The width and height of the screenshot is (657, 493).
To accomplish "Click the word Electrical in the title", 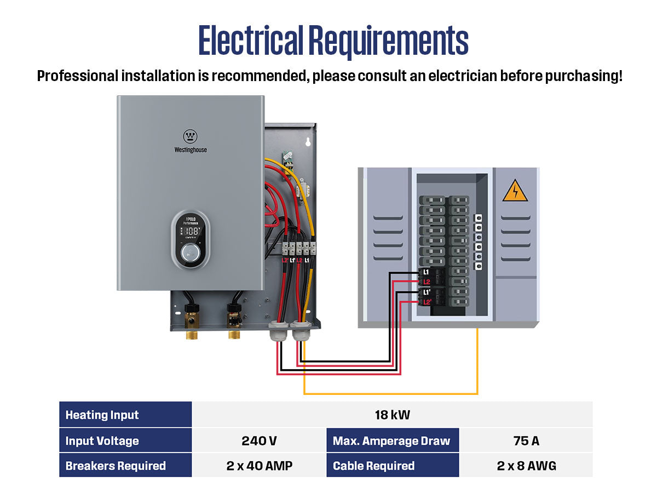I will tap(251, 40).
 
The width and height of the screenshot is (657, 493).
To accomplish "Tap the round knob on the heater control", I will tap(191, 253).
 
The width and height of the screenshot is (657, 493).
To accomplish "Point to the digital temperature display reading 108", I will tap(191, 231).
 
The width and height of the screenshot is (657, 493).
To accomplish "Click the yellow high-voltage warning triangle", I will tap(515, 191).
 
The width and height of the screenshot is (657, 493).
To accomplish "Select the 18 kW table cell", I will tap(392, 415).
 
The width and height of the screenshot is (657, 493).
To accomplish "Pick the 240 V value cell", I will tap(259, 441).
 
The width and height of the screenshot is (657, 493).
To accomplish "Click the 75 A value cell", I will tap(526, 441).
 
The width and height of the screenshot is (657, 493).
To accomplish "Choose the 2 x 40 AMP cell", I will tap(259, 466).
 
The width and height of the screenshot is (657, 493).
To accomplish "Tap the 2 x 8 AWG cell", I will tap(526, 466).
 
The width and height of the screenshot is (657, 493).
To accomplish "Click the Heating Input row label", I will tap(102, 415).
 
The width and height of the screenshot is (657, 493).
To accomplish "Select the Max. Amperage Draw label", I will tap(391, 441).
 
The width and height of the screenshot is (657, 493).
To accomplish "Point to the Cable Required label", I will tap(374, 466).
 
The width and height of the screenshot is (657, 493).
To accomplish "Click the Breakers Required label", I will tap(116, 466).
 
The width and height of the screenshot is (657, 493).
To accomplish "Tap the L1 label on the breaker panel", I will tap(426, 272).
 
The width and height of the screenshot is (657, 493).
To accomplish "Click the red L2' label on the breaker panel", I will tap(427, 302).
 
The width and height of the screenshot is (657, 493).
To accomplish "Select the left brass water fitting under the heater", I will tap(192, 333).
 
